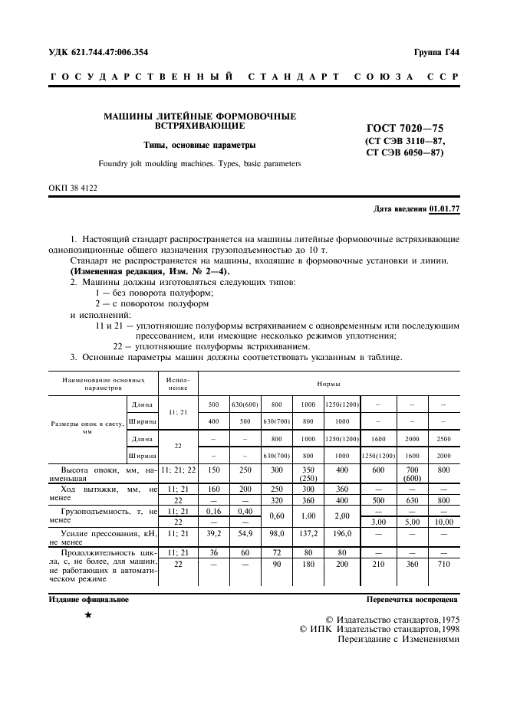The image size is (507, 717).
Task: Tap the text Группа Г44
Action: [436, 52]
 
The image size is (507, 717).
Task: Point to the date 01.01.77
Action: [444, 208]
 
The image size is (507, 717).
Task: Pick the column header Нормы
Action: [330, 383]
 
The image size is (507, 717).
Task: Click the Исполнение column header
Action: [178, 383]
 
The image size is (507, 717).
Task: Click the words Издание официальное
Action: [84, 601]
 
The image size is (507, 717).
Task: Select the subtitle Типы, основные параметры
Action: [200, 145]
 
